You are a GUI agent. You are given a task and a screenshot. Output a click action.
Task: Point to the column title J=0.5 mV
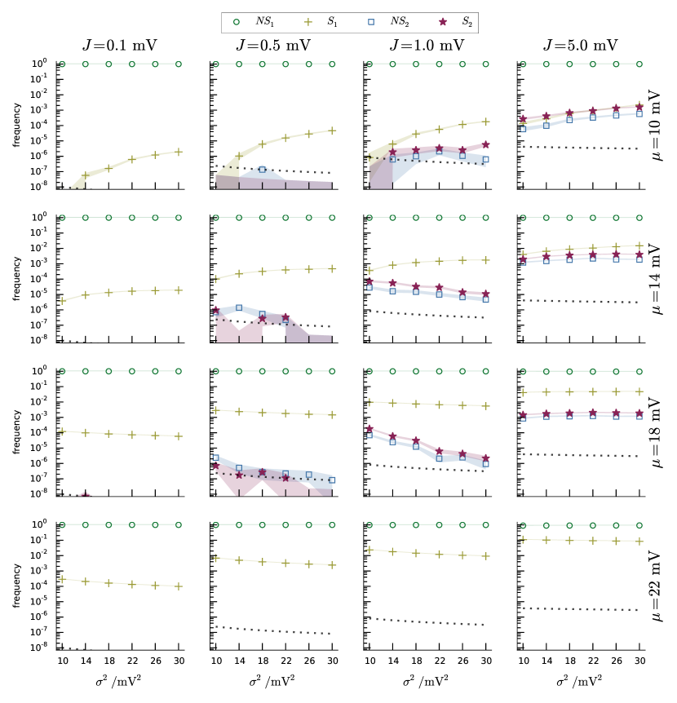click(x=272, y=46)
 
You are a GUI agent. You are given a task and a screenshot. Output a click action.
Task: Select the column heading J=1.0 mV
click(x=427, y=46)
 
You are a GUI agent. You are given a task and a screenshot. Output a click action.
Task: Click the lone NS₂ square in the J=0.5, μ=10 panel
click(x=262, y=170)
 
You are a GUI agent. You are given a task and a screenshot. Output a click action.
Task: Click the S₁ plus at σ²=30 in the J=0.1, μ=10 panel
click(x=178, y=152)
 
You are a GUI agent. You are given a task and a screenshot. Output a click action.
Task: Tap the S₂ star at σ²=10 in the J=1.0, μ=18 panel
click(x=369, y=429)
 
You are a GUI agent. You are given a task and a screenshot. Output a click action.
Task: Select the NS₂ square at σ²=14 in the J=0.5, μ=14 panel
click(x=239, y=308)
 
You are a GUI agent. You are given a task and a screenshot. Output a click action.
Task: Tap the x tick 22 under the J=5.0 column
click(x=593, y=659)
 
